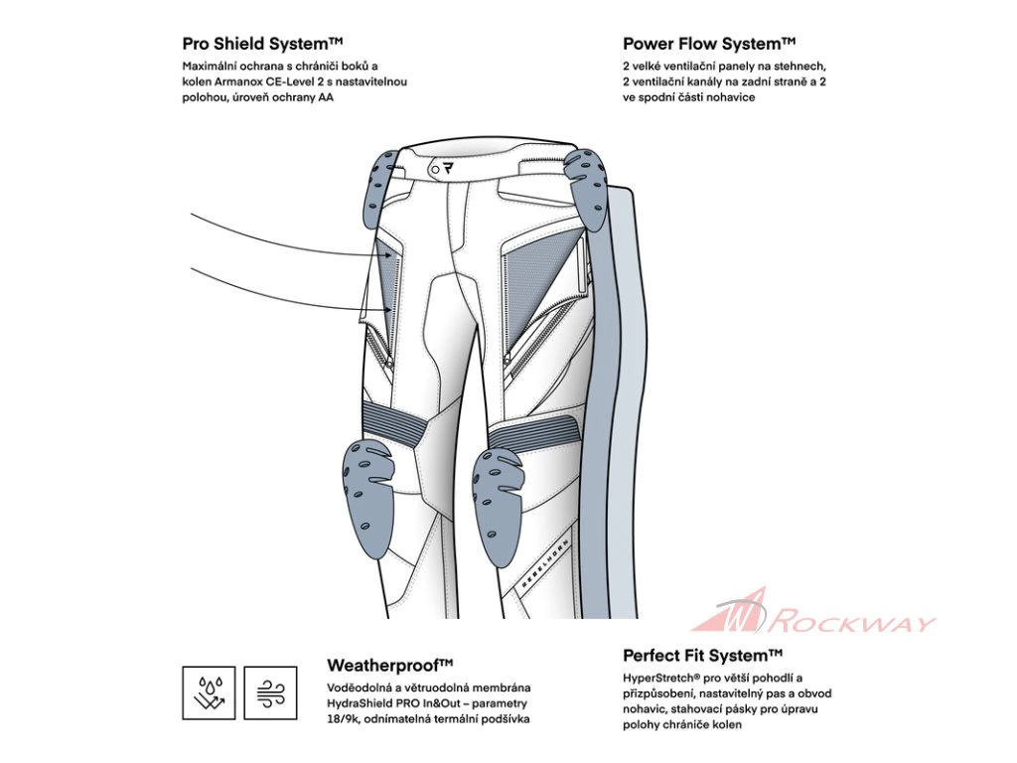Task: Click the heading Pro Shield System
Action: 262,44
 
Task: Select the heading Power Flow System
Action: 709,44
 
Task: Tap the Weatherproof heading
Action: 389,664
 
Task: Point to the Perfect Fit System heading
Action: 702,656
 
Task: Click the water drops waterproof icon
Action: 209,692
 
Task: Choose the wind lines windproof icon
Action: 270,692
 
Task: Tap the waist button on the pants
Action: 436,170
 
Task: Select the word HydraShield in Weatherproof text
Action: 361,702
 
